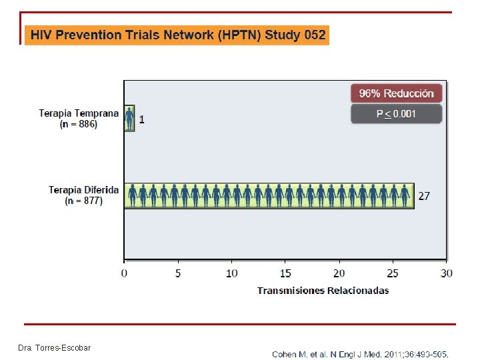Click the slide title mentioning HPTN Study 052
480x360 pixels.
[x=178, y=35]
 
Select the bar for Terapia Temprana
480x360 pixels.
[x=129, y=118]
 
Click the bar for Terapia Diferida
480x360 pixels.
[x=269, y=196]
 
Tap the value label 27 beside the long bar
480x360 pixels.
[x=424, y=196]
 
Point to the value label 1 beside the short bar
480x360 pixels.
[x=141, y=119]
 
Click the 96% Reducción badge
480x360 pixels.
[x=397, y=93]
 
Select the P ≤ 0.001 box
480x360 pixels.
[x=397, y=114]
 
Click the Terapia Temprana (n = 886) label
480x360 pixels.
[x=79, y=119]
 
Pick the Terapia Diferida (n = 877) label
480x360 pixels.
[x=83, y=195]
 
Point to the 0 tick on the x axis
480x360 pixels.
[x=124, y=273]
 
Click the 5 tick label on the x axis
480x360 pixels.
[x=178, y=273]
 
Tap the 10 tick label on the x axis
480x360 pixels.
[x=232, y=273]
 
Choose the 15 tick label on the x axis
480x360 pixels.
[x=285, y=273]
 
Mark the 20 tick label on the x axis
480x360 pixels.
[x=339, y=273]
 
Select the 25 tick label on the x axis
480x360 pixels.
[x=393, y=273]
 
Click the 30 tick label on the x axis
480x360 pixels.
[x=447, y=273]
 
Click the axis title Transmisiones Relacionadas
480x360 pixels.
[x=323, y=291]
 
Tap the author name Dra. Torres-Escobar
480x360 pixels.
[x=55, y=348]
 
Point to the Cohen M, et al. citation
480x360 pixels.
[x=360, y=355]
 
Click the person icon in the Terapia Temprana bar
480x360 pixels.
[x=129, y=119]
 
